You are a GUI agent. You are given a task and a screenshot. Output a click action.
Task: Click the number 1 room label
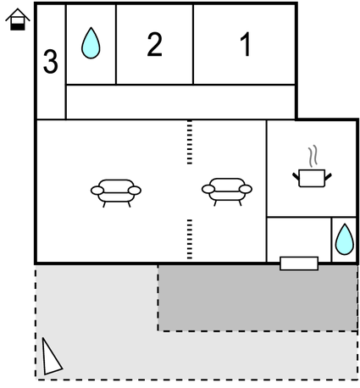tap(246, 44)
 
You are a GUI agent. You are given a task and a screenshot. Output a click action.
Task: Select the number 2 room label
tap(155, 44)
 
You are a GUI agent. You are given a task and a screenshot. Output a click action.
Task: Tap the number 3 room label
tap(51, 62)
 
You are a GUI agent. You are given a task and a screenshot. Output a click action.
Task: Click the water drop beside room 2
tap(91, 43)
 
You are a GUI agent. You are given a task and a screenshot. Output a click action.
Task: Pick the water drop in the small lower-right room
tap(345, 239)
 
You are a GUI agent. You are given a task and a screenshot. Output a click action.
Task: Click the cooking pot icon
tap(312, 178)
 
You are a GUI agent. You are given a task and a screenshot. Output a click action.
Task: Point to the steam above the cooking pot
tap(313, 156)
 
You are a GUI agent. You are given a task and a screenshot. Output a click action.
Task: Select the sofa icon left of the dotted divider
tap(116, 193)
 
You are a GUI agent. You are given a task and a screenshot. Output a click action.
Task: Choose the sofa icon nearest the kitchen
tap(227, 191)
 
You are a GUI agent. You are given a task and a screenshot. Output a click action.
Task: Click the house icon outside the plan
tap(18, 19)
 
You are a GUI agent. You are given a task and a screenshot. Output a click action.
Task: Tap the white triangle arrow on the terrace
tap(51, 358)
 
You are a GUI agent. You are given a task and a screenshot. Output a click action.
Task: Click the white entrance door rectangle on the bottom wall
tap(299, 263)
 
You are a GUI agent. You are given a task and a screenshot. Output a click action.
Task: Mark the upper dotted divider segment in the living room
tap(190, 142)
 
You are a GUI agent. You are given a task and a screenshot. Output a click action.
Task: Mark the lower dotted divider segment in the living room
tap(190, 239)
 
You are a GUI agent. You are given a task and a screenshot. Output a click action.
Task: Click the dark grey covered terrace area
tap(258, 297)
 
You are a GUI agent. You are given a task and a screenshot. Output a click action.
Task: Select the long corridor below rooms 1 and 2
tap(180, 102)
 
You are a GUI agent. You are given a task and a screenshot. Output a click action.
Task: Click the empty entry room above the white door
tap(299, 237)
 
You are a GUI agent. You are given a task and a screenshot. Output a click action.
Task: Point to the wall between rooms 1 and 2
tap(193, 44)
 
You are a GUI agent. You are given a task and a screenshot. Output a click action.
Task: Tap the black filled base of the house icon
tap(18, 27)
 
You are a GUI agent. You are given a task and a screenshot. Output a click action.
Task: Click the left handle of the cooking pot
tap(296, 176)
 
